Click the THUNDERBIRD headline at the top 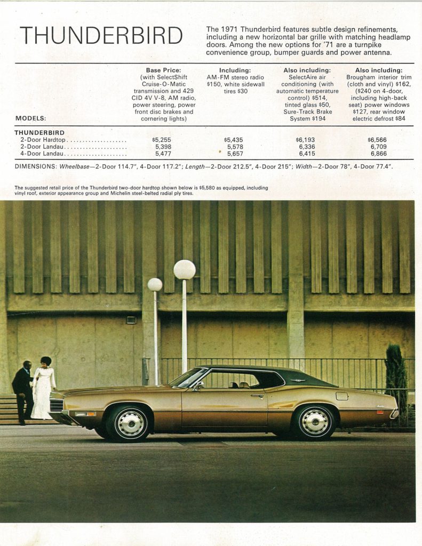101,36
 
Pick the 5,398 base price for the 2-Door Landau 163,147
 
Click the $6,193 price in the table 306,140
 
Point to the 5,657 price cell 235,154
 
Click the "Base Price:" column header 163,70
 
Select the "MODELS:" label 30,118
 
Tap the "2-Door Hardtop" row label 43,140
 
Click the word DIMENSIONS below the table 35,167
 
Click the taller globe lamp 185,270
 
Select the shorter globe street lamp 155,285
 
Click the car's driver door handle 258,396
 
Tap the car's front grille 57,405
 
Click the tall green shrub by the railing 395,373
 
